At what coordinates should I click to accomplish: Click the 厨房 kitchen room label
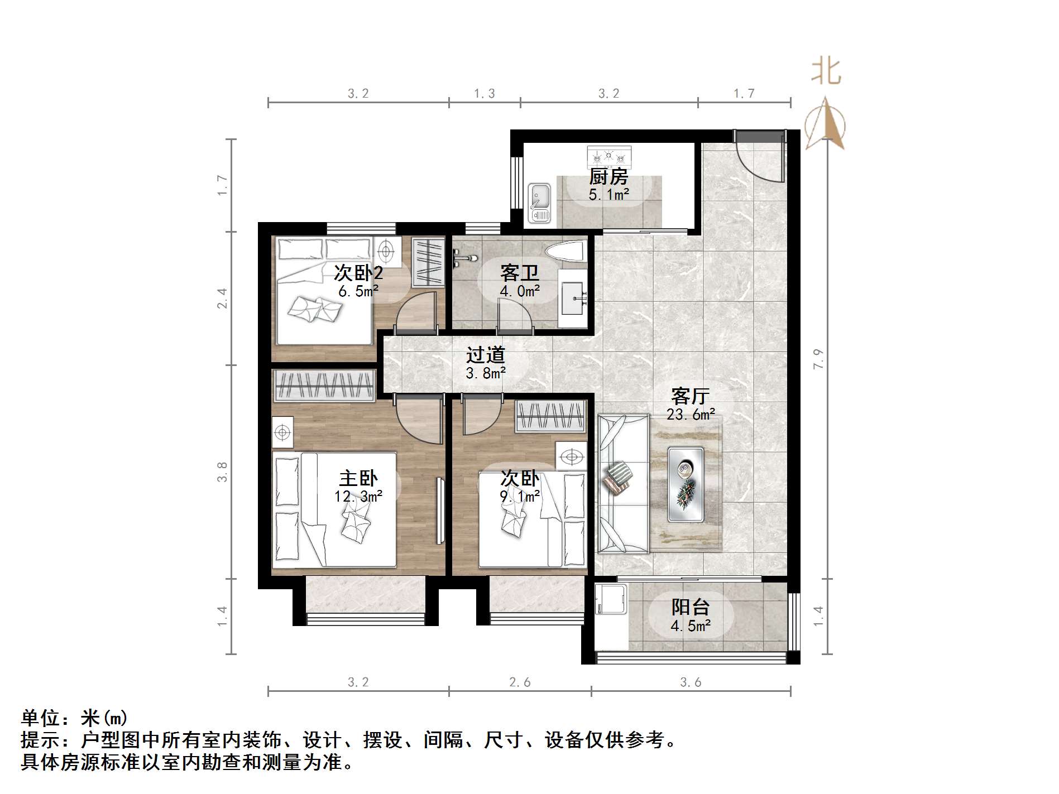608,177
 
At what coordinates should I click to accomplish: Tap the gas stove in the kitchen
609,157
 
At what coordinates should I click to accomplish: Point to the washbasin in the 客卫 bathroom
573,298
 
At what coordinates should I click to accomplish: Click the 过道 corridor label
486,355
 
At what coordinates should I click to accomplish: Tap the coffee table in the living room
686,484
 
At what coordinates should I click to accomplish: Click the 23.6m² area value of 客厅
691,415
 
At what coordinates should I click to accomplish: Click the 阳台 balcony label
691,607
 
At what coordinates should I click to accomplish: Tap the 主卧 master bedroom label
358,478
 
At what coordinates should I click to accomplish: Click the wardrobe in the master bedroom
324,385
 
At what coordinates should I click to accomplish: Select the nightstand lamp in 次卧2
385,251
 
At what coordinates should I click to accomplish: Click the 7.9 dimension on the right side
818,359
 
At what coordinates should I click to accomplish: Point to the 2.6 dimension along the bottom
520,682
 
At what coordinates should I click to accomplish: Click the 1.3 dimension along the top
484,94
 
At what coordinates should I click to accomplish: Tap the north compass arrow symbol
825,124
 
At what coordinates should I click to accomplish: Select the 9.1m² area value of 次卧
519,495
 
